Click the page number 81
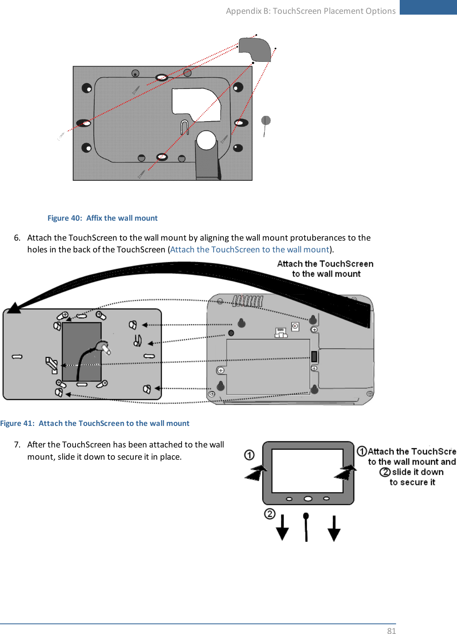391,630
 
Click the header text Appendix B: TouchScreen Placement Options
311,11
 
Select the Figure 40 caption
102,218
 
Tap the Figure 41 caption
95,423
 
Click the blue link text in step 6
249,250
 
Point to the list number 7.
17,445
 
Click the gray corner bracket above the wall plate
255,49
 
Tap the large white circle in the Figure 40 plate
206,140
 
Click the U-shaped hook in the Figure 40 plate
184,127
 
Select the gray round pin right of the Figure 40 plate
266,121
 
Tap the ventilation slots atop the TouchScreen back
248,301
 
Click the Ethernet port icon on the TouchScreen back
281,333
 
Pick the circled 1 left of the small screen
249,455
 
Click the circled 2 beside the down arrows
270,514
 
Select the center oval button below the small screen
308,499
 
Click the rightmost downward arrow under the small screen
334,529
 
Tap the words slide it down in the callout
418,472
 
